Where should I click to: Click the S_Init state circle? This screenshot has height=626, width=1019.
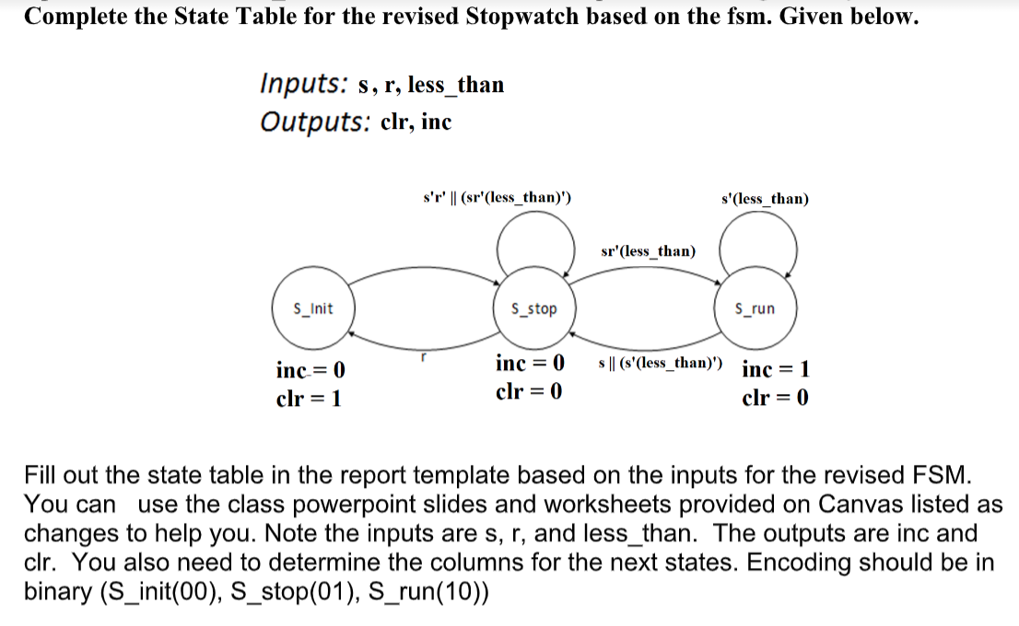tap(312, 309)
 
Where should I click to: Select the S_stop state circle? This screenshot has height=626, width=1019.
tap(533, 309)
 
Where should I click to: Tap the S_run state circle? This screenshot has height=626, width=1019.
tap(755, 309)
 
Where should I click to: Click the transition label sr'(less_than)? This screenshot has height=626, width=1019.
tap(648, 250)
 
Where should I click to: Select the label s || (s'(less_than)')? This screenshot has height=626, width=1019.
tap(661, 363)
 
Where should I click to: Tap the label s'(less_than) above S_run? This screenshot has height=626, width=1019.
tap(767, 198)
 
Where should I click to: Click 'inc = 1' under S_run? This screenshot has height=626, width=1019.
tap(776, 370)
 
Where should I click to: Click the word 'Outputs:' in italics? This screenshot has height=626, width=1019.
tap(314, 122)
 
